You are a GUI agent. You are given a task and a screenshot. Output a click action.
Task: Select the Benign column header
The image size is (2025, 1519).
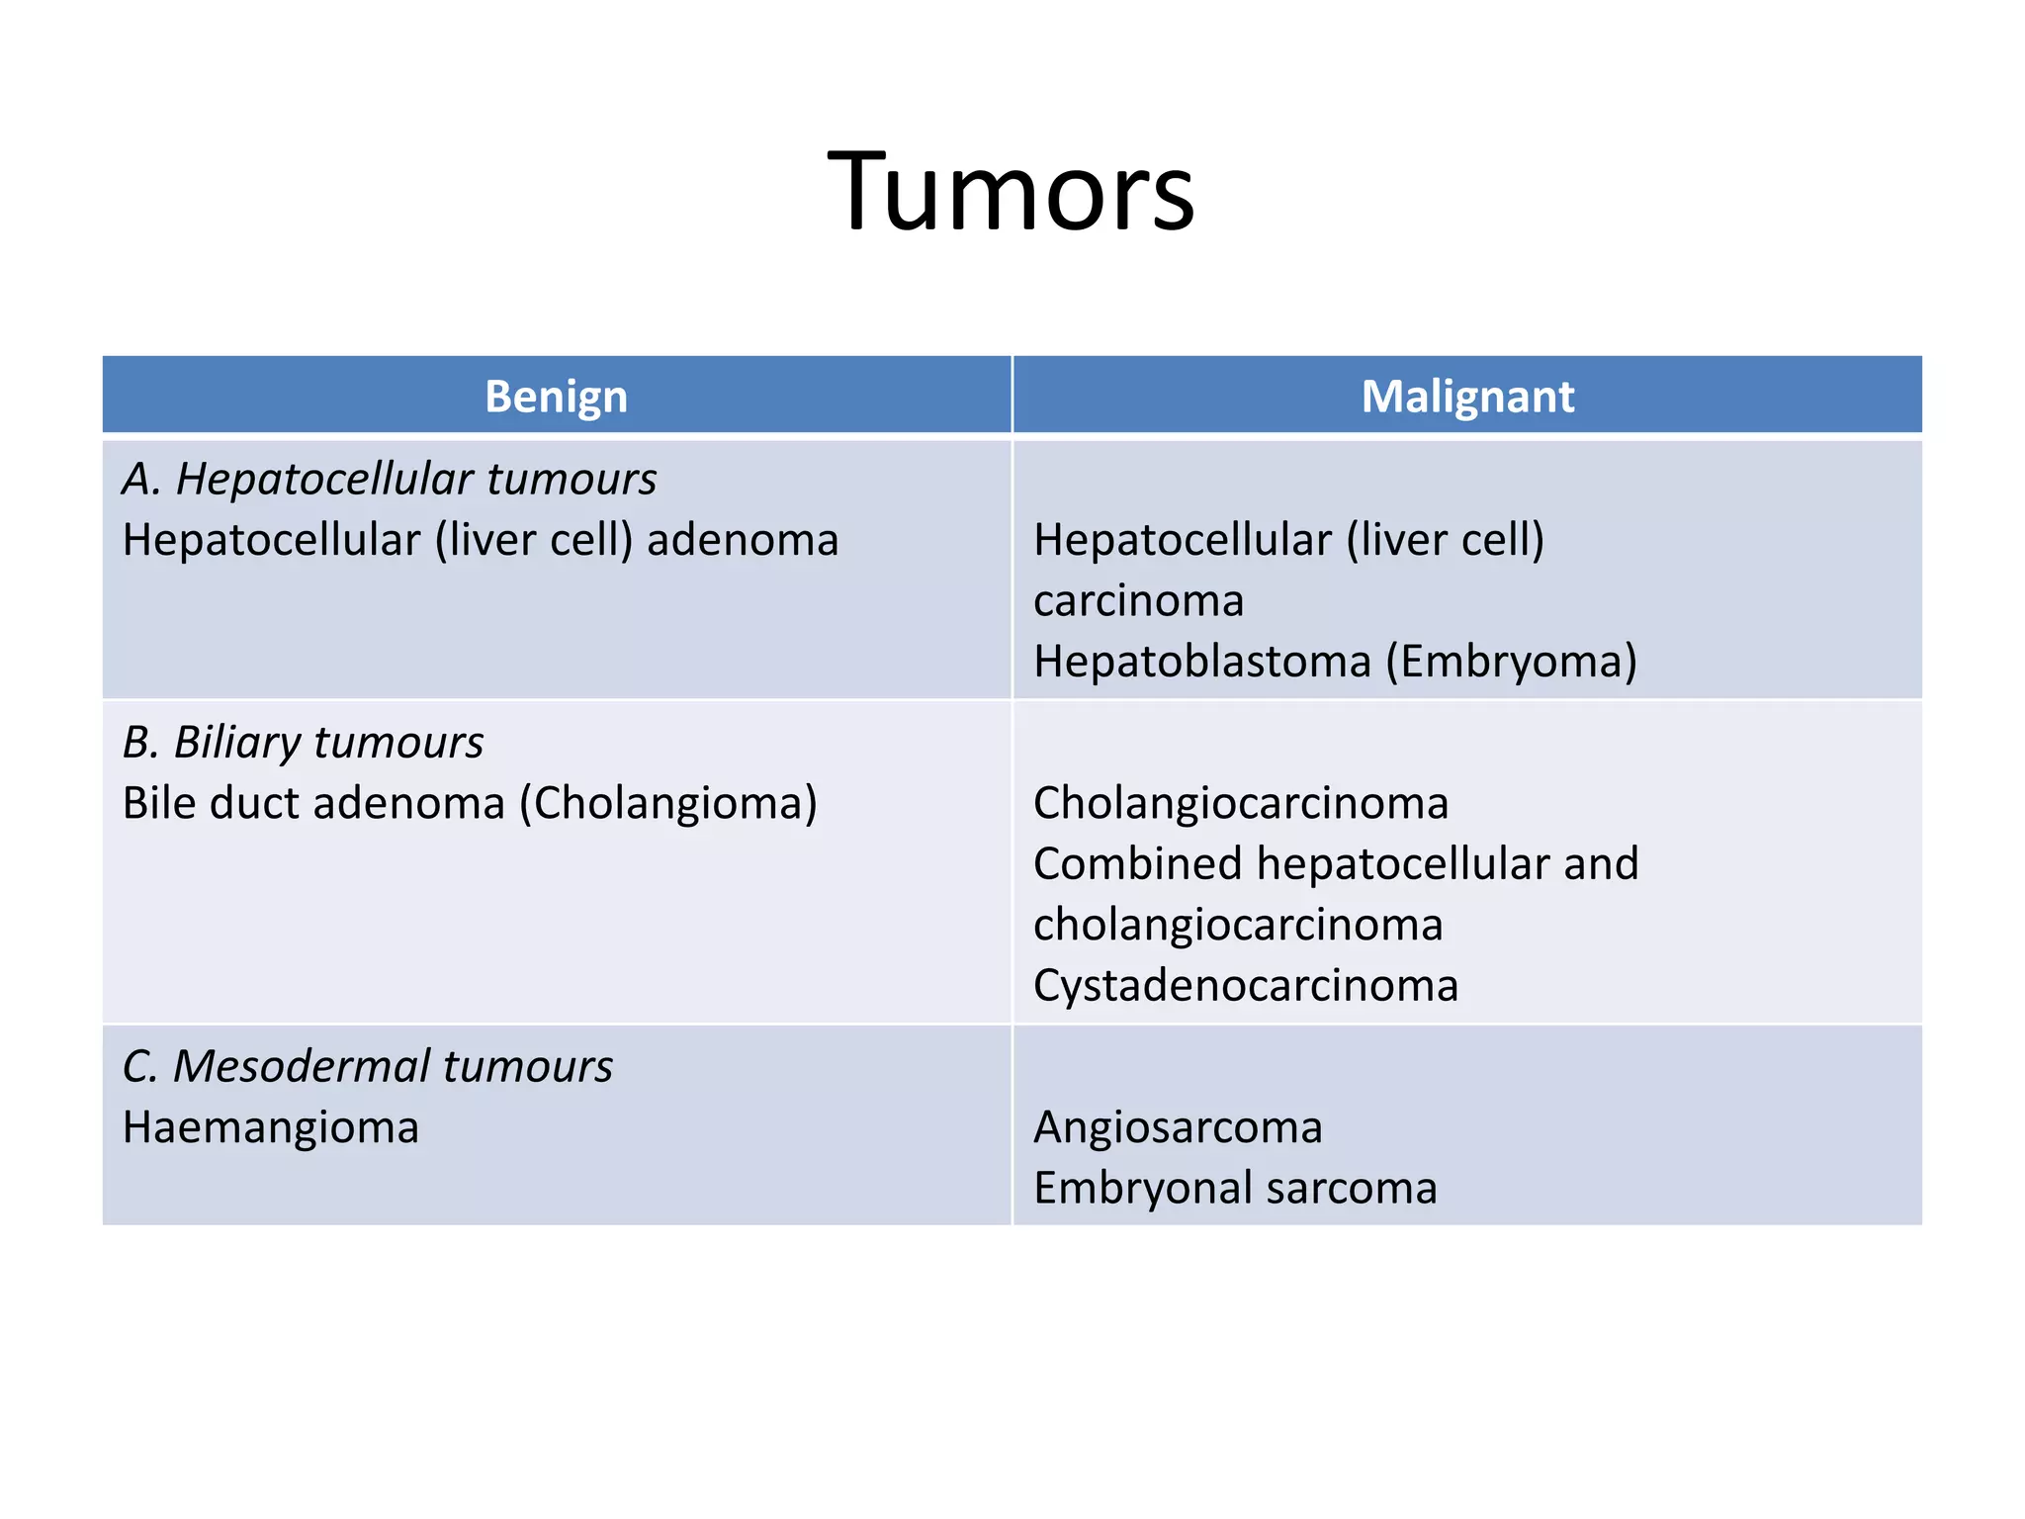556,397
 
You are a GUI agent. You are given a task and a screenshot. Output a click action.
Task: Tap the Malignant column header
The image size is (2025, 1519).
1467,397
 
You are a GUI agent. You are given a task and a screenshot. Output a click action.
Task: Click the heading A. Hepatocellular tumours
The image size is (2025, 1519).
390,479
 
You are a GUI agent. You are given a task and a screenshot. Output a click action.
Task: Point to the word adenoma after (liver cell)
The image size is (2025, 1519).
743,540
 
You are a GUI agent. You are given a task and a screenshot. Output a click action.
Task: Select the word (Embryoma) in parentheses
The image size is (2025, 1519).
1511,661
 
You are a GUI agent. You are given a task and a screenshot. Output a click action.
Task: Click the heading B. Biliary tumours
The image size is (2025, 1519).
304,742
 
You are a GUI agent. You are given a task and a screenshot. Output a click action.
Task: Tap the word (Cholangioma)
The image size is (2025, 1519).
668,803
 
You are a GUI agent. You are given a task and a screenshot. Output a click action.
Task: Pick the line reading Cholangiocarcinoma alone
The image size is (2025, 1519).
1241,803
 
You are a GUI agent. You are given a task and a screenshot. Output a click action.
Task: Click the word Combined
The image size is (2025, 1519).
1137,863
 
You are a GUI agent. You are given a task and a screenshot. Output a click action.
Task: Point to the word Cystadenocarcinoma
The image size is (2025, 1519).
1246,985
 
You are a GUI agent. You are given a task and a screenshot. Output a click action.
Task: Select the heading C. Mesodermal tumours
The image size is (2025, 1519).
368,1066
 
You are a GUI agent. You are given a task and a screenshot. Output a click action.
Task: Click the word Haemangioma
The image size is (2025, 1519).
271,1127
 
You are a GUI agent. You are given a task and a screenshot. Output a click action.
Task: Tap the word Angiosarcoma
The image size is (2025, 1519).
1178,1127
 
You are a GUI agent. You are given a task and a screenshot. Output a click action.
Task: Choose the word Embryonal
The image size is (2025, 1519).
1142,1188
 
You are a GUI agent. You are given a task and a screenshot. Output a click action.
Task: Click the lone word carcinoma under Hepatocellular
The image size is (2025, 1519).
1138,601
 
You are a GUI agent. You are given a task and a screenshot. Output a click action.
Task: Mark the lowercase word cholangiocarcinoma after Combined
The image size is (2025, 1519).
1238,925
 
